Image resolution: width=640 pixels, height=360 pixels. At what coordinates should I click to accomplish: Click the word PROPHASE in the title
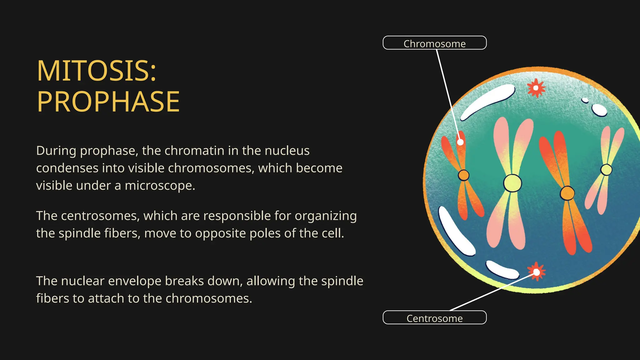pos(108,102)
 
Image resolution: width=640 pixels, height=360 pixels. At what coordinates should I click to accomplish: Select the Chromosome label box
pos(434,43)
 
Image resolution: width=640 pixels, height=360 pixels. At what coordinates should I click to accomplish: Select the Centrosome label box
pos(434,318)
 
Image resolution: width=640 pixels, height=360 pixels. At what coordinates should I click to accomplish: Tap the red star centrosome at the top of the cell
pos(536,88)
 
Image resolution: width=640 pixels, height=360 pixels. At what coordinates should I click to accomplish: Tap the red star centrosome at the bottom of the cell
pos(536,272)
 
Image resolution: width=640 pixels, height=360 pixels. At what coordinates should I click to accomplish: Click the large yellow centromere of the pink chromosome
pos(512,183)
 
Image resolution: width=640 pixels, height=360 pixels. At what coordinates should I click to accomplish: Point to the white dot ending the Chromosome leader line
pos(460,142)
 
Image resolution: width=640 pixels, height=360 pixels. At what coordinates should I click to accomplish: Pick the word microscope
pos(160,186)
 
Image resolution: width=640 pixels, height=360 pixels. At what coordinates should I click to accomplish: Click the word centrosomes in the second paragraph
pos(100,216)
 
